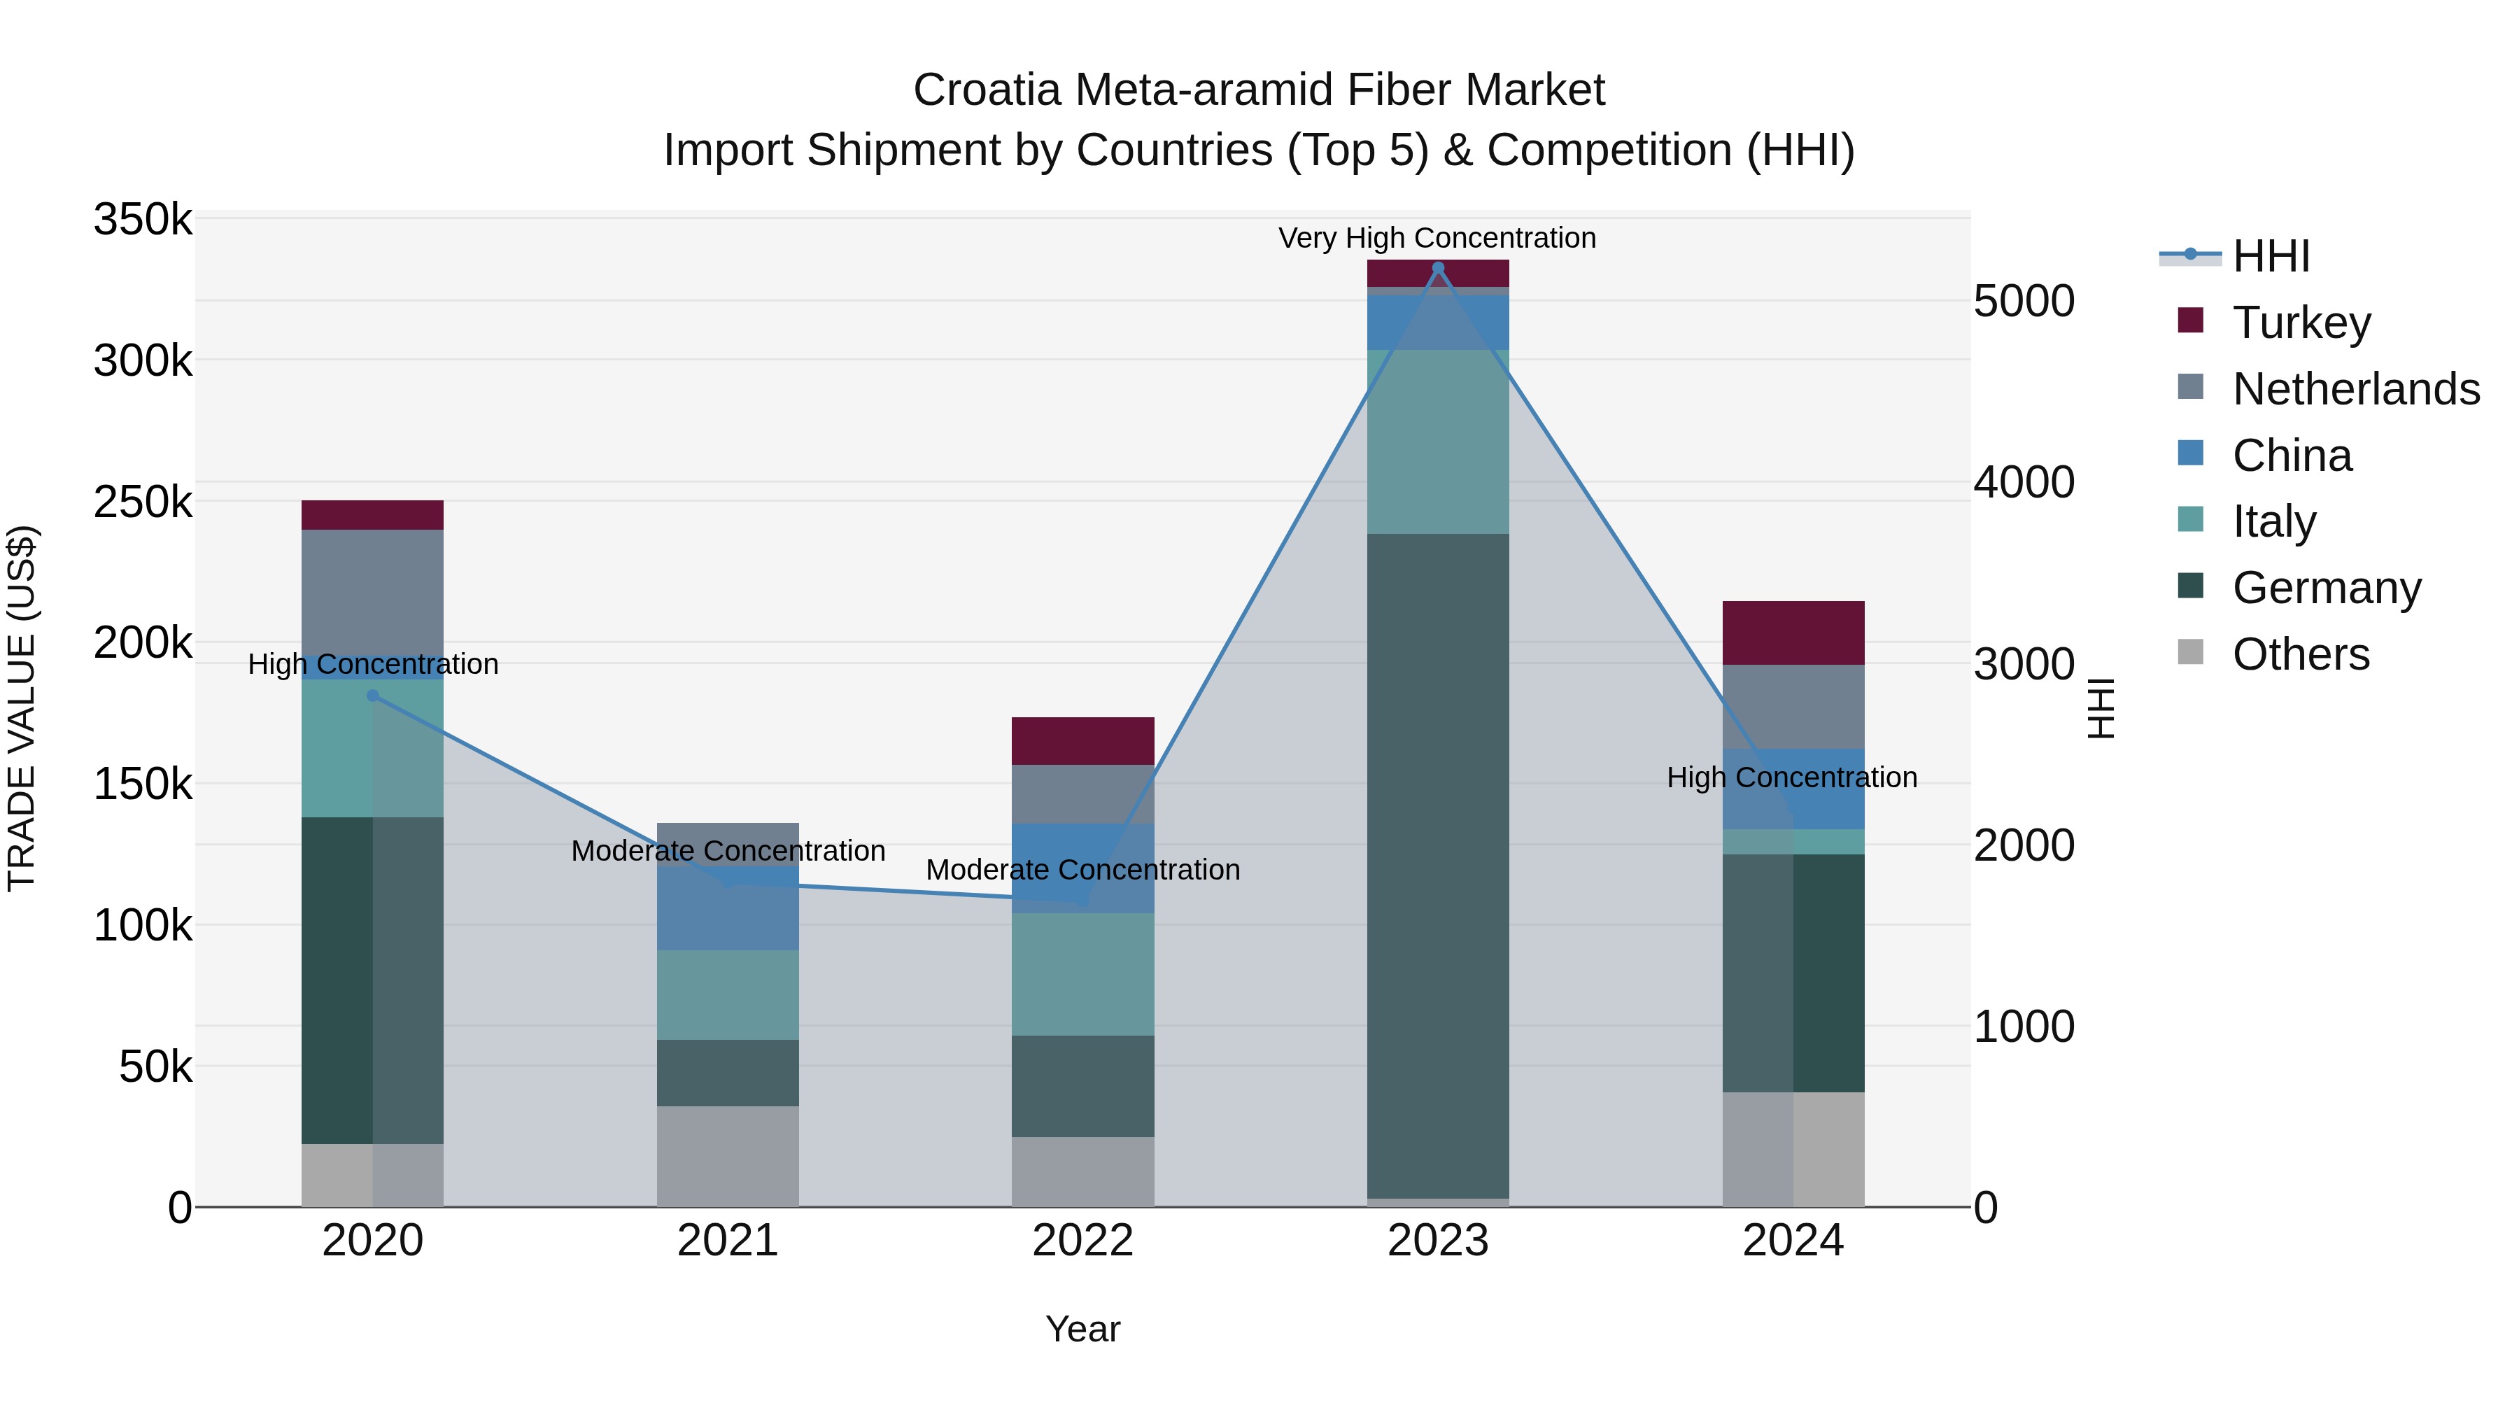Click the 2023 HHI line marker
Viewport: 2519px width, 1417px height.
1437,268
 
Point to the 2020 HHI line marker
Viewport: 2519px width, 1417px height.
372,696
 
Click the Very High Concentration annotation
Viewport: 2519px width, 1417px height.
1437,238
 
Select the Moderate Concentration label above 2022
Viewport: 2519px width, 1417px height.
1082,869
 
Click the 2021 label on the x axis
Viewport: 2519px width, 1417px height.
728,1241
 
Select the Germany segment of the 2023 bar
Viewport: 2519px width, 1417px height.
1437,866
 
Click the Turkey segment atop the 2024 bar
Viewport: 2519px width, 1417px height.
1793,633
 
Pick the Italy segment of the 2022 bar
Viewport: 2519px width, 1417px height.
1082,974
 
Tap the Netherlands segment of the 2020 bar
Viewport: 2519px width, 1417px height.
372,591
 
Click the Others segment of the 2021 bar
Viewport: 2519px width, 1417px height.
728,1156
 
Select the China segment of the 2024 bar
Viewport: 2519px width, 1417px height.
1793,788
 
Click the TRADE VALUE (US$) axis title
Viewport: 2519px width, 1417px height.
22,708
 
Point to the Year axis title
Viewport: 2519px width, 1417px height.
1082,1329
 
